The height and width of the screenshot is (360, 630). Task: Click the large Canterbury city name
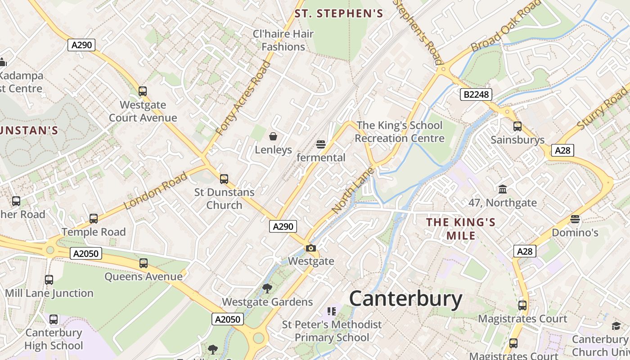pyautogui.click(x=405, y=299)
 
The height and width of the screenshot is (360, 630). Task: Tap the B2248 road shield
pyautogui.click(x=476, y=94)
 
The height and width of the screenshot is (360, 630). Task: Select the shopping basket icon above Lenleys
pyautogui.click(x=273, y=136)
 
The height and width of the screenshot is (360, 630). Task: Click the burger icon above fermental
pyautogui.click(x=321, y=144)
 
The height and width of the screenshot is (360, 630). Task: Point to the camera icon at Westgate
pyautogui.click(x=310, y=248)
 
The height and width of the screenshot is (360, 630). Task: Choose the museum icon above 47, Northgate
pyautogui.click(x=503, y=189)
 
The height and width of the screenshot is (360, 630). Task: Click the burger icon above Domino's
pyautogui.click(x=575, y=220)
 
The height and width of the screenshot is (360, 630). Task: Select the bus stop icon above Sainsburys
pyautogui.click(x=517, y=126)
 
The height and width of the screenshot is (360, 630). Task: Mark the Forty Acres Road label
pyautogui.click(x=243, y=98)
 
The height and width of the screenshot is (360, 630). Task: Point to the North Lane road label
pyautogui.click(x=353, y=190)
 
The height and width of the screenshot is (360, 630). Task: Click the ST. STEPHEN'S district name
pyautogui.click(x=339, y=13)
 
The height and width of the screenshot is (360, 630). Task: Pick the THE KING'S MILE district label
pyautogui.click(x=461, y=229)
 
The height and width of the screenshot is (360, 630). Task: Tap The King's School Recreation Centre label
pyautogui.click(x=400, y=132)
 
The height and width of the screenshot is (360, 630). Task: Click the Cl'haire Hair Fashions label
pyautogui.click(x=283, y=40)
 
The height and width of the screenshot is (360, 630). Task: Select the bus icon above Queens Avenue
pyautogui.click(x=144, y=263)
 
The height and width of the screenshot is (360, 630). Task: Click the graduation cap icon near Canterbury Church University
pyautogui.click(x=616, y=326)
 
